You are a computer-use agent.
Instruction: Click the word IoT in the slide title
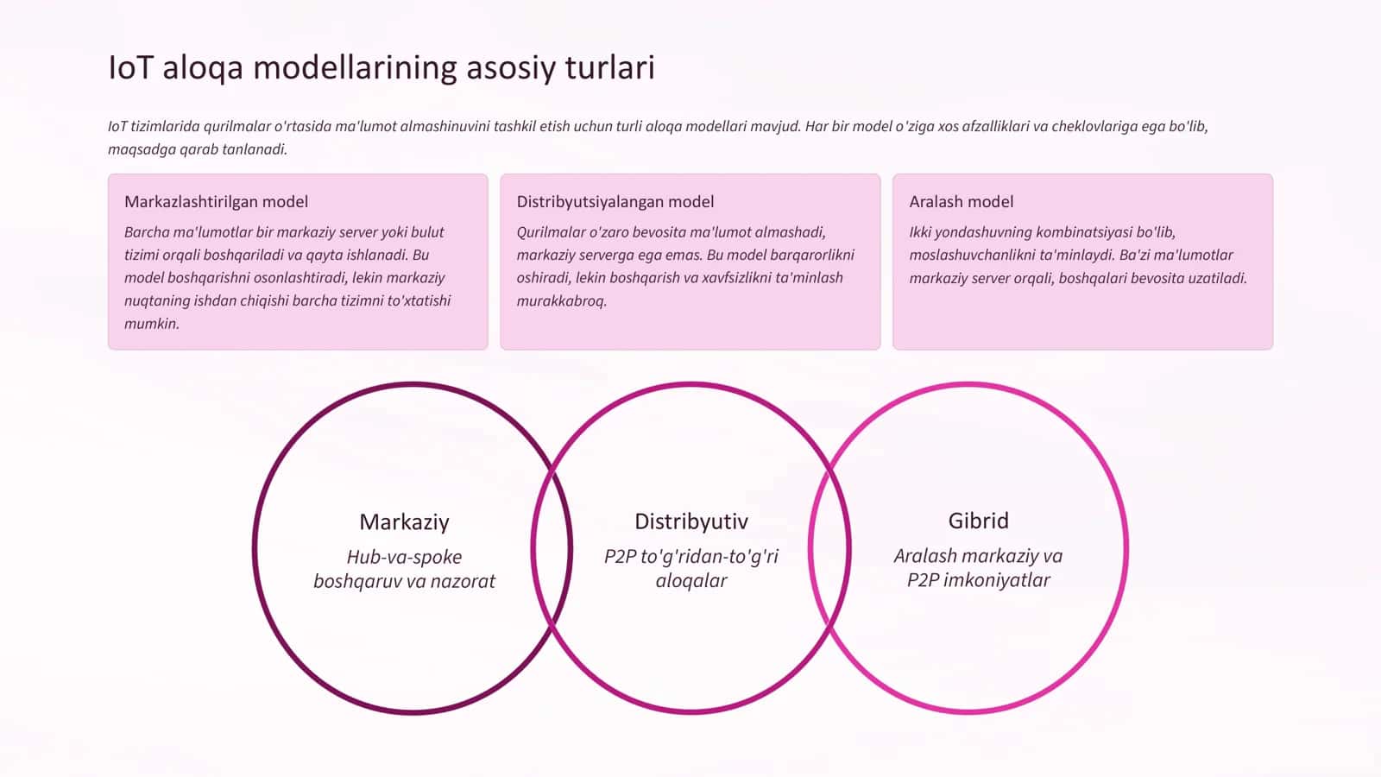click(130, 67)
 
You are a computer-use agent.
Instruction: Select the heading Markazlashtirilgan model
click(217, 202)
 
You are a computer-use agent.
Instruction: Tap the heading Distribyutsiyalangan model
click(615, 202)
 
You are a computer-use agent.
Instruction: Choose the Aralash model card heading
click(962, 202)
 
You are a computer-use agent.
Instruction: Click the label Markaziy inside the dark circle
click(405, 522)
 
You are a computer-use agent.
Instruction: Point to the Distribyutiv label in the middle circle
click(691, 521)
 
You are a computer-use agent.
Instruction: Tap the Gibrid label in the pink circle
click(979, 521)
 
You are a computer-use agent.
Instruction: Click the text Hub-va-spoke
click(405, 558)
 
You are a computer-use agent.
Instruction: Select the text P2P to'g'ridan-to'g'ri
click(691, 557)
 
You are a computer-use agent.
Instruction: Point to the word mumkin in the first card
click(152, 324)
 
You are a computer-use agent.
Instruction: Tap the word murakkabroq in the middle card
click(562, 301)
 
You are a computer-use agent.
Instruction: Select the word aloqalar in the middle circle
click(691, 581)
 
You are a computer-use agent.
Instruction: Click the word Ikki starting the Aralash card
click(920, 232)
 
